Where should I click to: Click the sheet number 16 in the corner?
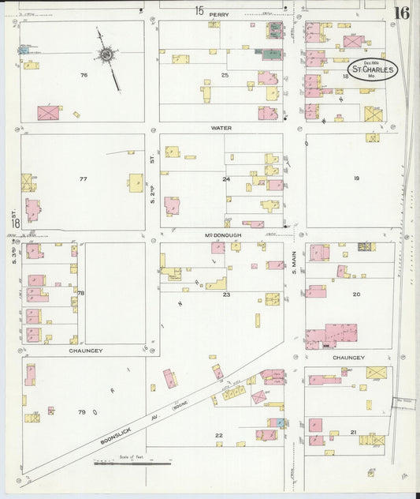[402, 13]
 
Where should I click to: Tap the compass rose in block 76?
[106, 54]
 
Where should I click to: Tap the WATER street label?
[220, 127]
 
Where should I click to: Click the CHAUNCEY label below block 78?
[86, 350]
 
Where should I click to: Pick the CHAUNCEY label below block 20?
[348, 357]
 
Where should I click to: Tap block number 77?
[83, 179]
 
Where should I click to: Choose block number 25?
[225, 75]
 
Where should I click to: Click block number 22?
[219, 435]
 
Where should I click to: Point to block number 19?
[356, 179]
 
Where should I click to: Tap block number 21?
[354, 431]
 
